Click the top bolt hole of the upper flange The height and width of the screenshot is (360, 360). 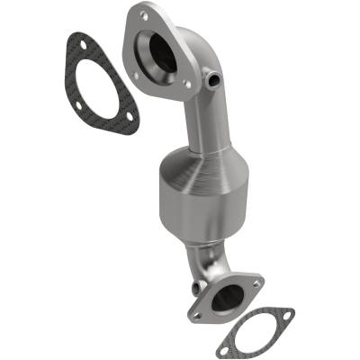(x=142, y=15)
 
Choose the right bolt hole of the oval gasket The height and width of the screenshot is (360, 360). (x=286, y=316)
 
